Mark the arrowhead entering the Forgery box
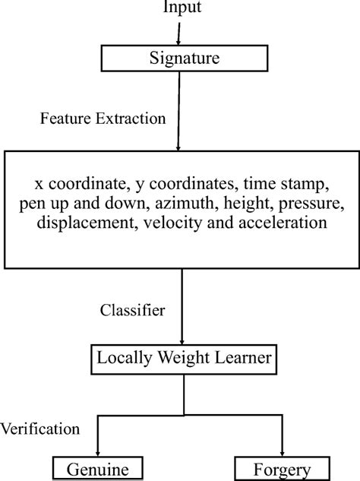283,453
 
